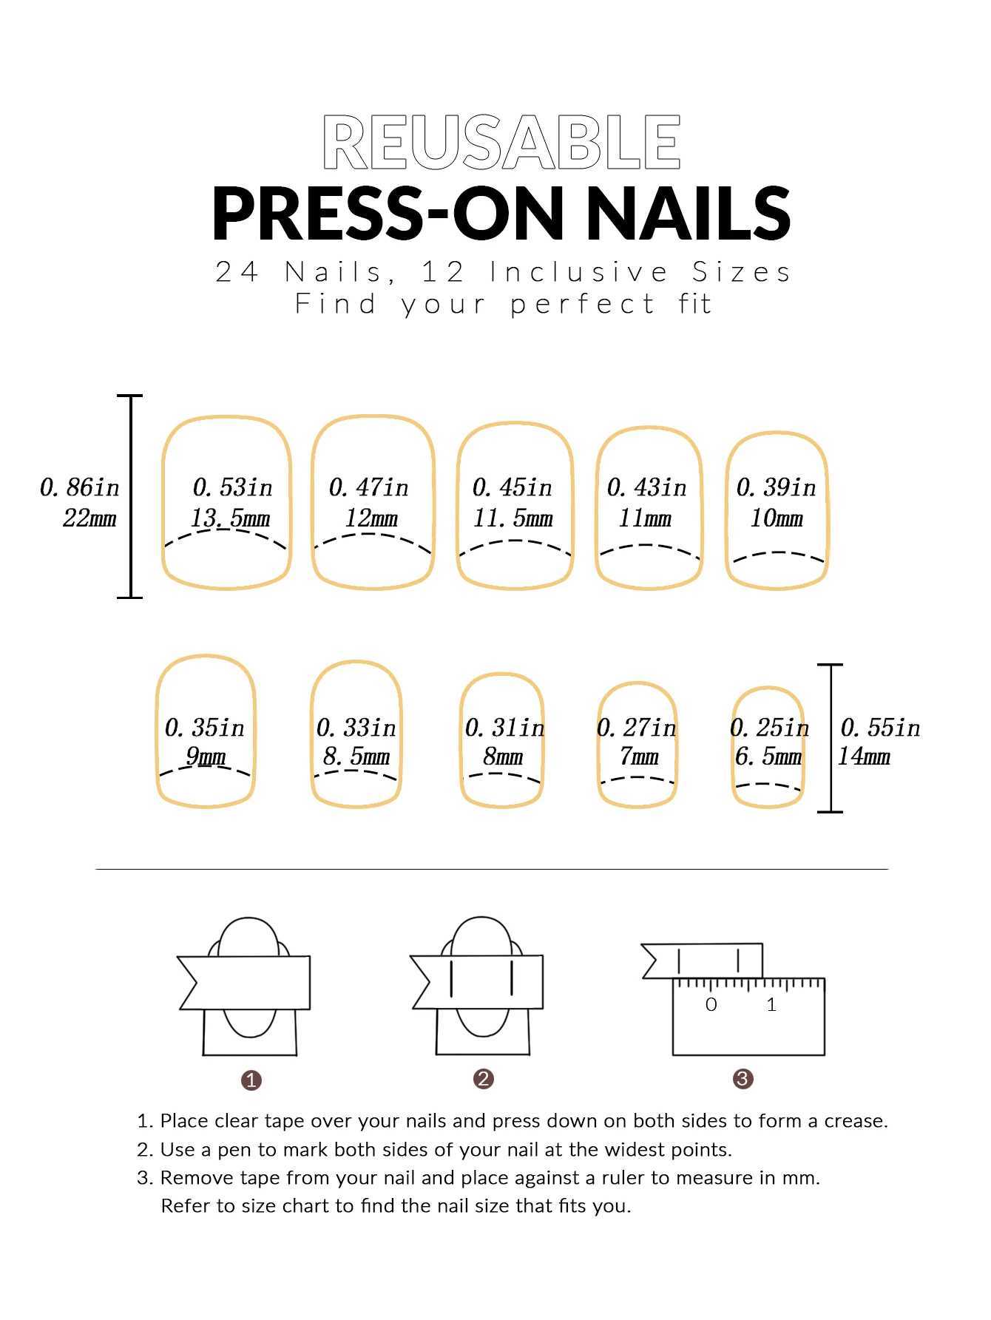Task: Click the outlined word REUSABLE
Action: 501,142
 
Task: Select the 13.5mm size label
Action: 230,518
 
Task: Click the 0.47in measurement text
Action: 368,487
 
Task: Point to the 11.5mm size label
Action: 513,518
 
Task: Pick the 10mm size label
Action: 777,518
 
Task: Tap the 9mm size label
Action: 206,756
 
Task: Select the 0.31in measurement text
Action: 504,728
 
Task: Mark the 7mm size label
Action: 639,756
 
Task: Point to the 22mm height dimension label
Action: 89,518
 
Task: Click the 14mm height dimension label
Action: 864,756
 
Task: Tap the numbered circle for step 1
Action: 251,1080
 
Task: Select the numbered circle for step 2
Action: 484,1079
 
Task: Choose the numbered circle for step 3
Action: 743,1079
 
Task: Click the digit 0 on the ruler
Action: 711,1004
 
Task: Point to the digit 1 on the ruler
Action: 771,1004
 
